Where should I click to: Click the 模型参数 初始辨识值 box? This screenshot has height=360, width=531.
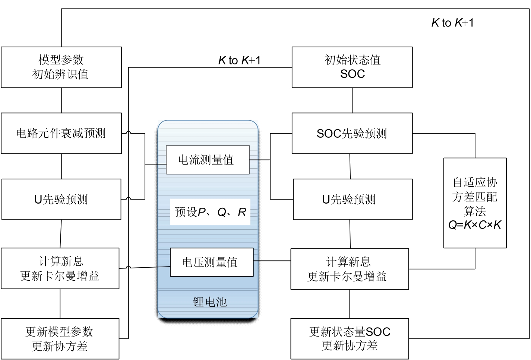point(61,67)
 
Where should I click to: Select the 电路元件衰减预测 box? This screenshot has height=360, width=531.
point(61,133)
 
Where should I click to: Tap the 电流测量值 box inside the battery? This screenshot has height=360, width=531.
point(208,160)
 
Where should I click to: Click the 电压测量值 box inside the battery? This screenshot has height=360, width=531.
point(211,262)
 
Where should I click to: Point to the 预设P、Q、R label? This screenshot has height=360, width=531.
point(210,212)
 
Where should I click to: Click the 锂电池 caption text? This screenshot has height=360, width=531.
point(209,302)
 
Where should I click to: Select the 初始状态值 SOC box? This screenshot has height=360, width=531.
point(352,67)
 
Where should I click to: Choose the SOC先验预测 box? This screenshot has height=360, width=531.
point(352,133)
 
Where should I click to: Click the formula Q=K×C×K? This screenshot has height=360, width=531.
point(475,225)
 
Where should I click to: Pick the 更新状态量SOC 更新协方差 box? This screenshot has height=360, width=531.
point(350,338)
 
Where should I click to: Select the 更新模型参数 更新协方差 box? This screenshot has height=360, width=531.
point(60,338)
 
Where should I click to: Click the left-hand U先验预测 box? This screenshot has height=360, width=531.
point(61,199)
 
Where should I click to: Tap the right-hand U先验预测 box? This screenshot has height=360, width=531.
point(353,199)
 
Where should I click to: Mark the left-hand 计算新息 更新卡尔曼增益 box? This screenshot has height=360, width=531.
point(60,268)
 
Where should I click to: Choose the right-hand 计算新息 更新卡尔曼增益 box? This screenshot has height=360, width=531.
point(350,269)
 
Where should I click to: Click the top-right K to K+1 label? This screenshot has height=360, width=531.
point(452,23)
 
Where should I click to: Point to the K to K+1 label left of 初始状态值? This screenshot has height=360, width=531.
point(239,60)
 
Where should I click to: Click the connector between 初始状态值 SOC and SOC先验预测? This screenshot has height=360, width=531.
point(352,101)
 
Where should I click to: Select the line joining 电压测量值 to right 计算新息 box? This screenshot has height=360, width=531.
point(272,261)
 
